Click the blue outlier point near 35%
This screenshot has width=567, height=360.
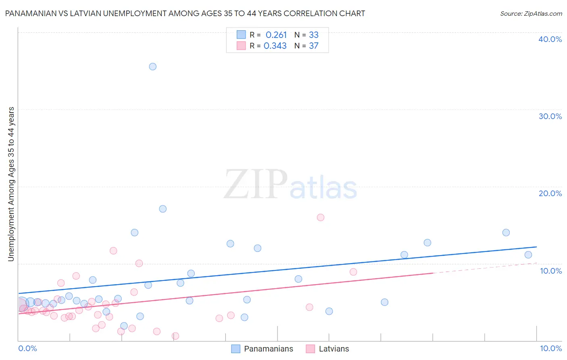152,67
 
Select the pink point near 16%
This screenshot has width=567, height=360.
321,218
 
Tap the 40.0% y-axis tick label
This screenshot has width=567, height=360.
550,39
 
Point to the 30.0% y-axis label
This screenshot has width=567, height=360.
550,116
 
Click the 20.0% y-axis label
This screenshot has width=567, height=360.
550,193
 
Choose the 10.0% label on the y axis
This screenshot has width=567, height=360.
551,271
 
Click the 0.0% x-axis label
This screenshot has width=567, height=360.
27,348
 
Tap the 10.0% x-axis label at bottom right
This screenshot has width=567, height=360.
551,348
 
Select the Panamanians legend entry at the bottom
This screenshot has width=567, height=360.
268,349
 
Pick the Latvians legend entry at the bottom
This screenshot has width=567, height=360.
334,349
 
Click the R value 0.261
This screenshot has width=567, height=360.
276,35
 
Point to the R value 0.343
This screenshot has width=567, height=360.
275,46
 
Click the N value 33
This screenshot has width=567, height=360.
314,35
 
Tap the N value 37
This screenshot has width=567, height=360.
314,46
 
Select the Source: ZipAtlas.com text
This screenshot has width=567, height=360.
531,14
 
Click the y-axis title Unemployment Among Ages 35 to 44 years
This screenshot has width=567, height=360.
11,184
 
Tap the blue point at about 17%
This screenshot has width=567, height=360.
163,209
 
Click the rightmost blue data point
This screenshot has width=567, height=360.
528,255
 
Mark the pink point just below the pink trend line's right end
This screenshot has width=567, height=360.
353,272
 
